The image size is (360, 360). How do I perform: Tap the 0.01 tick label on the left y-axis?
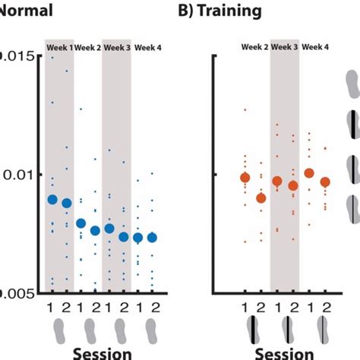click(17, 175)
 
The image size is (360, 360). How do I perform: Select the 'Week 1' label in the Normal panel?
click(59, 47)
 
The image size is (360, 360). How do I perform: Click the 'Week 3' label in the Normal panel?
click(117, 47)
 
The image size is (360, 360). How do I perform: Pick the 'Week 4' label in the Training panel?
click(315, 47)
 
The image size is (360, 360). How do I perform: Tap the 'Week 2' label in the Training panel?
click(256, 47)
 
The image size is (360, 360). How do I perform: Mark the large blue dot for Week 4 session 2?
click(152, 237)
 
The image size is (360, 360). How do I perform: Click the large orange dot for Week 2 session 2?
click(261, 198)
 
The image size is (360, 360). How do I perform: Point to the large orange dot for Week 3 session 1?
click(277, 182)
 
